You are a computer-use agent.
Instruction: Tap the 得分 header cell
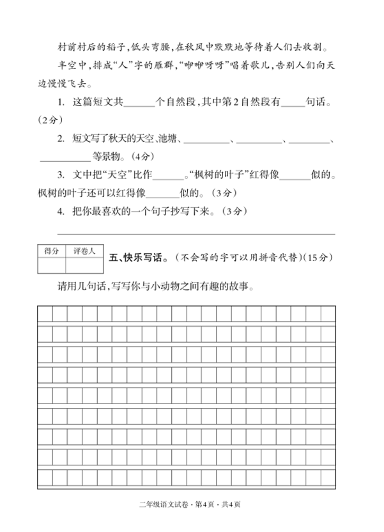point(51,251)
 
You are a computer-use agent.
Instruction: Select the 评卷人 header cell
point(84,251)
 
